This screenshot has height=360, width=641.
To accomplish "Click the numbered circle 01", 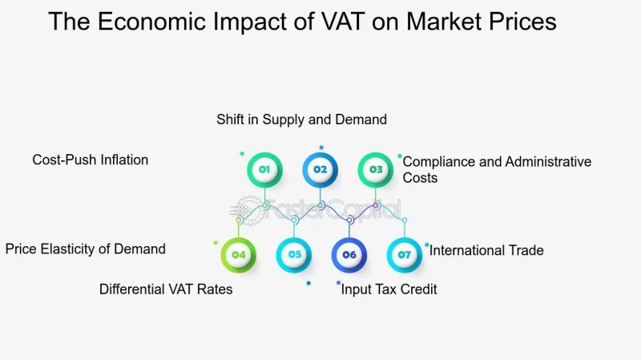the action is tap(264, 170).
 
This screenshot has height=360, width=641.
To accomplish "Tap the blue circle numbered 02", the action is tap(320, 170).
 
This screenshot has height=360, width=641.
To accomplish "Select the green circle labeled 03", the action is tap(376, 170).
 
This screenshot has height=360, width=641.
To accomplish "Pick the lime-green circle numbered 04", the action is tap(238, 255).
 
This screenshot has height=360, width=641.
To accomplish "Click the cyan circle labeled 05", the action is tap(294, 255).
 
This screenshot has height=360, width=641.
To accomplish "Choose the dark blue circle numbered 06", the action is tap(349, 255).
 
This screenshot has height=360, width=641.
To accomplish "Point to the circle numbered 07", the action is tap(405, 255).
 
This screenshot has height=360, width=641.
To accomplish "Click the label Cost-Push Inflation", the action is tap(91, 160).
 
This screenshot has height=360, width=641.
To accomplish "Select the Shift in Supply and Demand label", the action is tap(302, 119).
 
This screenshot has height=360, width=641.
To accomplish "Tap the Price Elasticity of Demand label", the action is tap(86, 249).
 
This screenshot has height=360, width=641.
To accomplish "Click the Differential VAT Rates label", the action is tap(166, 289).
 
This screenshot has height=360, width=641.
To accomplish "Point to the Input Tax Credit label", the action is tap(389, 289).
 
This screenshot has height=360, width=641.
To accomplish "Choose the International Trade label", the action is tap(486, 250).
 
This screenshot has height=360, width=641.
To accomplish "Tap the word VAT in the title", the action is tap(343, 22).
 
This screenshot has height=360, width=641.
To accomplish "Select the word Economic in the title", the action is tap(151, 22).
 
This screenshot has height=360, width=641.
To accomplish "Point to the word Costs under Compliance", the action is tap(420, 178).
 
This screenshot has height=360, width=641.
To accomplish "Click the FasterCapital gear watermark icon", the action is tap(247, 210).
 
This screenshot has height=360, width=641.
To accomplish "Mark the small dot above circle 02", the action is tap(321, 148).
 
